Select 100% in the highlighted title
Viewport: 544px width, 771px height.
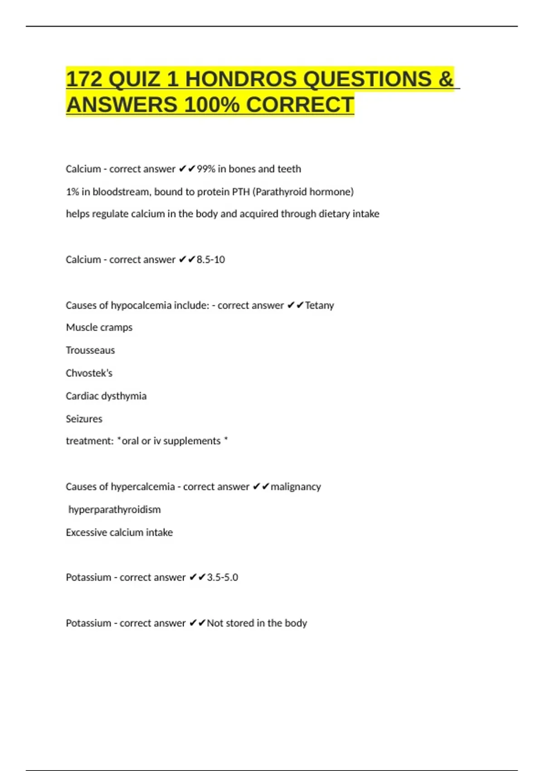[212, 105]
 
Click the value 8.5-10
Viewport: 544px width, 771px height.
[211, 259]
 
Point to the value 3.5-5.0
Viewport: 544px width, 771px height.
[223, 577]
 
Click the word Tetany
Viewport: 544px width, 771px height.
[320, 305]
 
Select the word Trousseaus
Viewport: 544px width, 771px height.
[90, 350]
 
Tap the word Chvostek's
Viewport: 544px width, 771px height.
[89, 373]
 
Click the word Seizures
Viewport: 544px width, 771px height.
[84, 419]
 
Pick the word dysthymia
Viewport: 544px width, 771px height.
[125, 396]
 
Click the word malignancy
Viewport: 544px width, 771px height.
[296, 487]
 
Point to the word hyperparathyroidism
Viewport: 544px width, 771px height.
[115, 509]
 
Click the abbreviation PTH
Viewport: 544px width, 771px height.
[241, 192]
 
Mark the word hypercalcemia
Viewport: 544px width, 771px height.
[143, 487]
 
